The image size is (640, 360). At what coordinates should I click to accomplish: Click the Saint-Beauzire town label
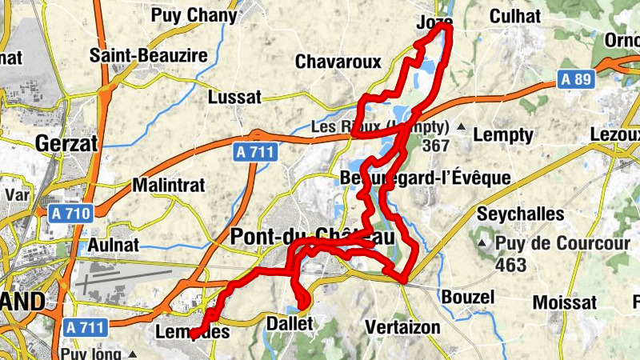point(149,56)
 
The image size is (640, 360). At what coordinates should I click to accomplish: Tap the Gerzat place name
point(66,144)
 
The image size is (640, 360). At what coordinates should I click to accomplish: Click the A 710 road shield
point(70,214)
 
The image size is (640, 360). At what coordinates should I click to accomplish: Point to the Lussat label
point(234,98)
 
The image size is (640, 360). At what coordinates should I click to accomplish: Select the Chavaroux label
point(338,62)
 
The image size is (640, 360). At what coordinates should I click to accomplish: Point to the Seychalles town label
point(521,214)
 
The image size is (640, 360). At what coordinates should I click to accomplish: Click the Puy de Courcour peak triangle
point(483,242)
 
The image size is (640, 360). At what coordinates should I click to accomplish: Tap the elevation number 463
point(510,265)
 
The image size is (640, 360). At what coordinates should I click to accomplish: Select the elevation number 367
point(436,146)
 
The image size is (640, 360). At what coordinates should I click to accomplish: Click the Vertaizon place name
point(402,327)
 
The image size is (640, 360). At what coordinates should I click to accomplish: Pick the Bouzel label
point(468,298)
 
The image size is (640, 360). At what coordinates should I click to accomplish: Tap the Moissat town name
point(565,302)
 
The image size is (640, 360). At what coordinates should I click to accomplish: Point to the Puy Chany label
point(194,15)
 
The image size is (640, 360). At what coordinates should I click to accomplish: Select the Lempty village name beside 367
point(502,135)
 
